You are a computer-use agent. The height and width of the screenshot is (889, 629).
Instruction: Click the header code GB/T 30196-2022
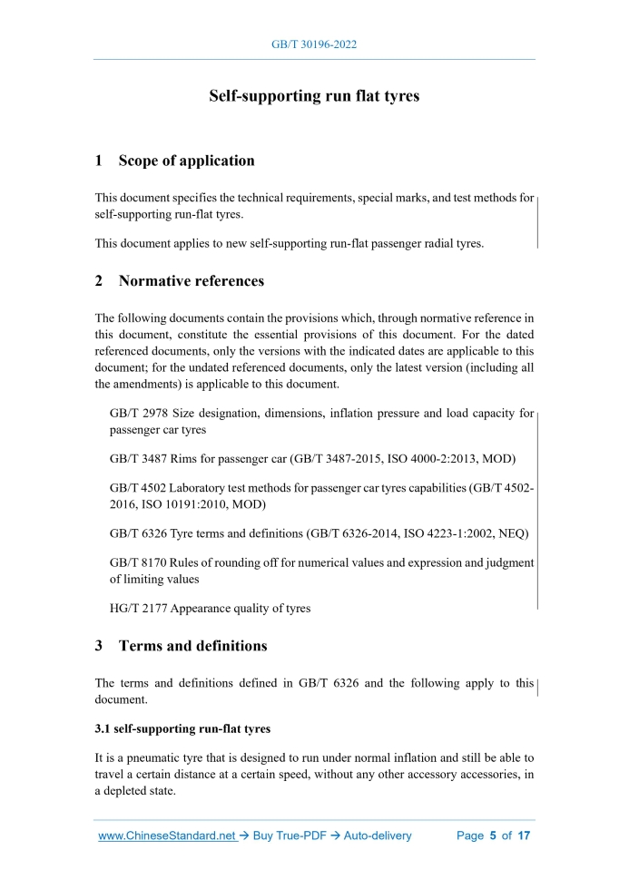tap(314, 44)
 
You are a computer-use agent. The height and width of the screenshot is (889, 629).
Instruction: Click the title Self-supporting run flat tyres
tap(314, 95)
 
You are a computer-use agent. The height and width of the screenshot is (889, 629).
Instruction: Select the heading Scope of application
tap(186, 161)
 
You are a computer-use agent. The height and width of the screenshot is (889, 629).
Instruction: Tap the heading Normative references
tap(192, 281)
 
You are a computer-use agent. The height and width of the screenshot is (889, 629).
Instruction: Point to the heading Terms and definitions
tap(192, 647)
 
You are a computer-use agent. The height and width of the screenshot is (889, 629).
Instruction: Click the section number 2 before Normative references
tap(99, 281)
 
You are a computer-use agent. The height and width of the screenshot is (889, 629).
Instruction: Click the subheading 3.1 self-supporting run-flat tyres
tap(182, 728)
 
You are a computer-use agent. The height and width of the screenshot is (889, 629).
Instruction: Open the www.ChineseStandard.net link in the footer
tap(167, 835)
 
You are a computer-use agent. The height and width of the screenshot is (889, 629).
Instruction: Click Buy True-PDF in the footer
tap(290, 835)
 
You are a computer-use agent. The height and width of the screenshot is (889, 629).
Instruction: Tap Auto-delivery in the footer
tap(378, 835)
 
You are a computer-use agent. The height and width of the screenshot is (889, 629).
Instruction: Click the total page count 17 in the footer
tap(524, 835)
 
